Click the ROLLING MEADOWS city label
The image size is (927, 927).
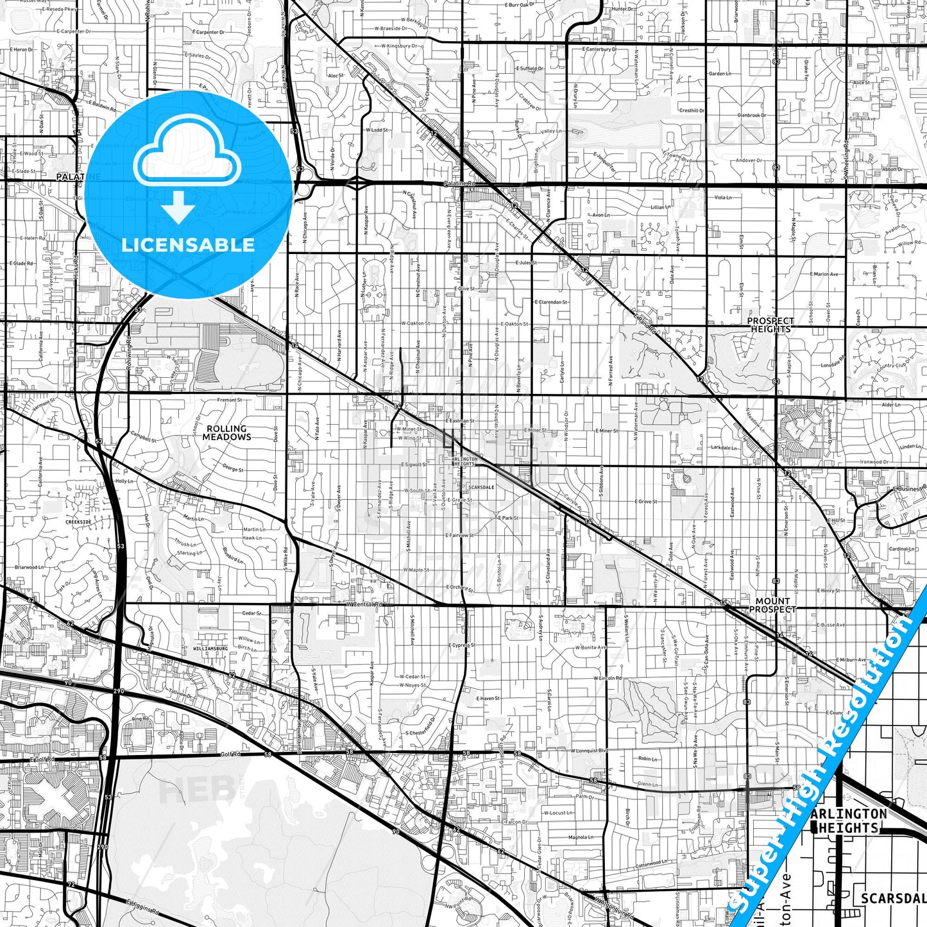[x=226, y=432]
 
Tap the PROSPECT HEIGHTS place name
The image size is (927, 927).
[x=770, y=325]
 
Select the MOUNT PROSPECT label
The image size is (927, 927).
[x=772, y=605]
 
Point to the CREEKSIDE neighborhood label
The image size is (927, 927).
[x=78, y=522]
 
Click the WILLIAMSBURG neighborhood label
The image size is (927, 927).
[x=210, y=649]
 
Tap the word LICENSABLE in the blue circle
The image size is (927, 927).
[x=188, y=245]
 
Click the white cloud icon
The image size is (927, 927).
[x=187, y=153]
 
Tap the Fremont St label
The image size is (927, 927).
[x=230, y=400]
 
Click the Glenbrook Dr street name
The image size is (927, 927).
[x=751, y=115]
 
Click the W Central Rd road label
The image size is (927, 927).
[x=364, y=604]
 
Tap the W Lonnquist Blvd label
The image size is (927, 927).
[x=588, y=750]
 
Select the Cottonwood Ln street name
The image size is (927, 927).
[x=651, y=863]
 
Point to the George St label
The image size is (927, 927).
[x=233, y=470]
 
